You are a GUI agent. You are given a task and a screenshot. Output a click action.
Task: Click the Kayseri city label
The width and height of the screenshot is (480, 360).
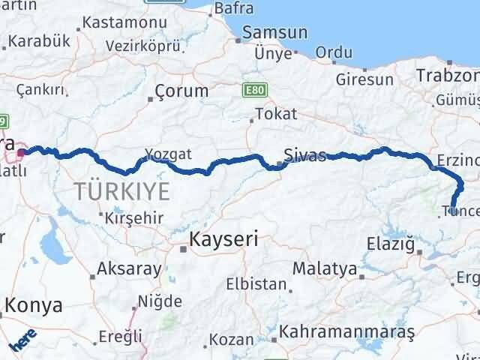[223, 240]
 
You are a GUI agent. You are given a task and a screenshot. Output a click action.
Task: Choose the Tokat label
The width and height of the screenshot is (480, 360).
[276, 114]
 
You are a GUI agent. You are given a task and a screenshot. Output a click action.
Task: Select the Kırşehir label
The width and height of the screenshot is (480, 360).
[135, 217]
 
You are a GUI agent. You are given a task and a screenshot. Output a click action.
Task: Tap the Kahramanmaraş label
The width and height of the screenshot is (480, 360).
[347, 331]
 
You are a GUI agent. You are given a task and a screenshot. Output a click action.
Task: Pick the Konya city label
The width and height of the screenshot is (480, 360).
[34, 305]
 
